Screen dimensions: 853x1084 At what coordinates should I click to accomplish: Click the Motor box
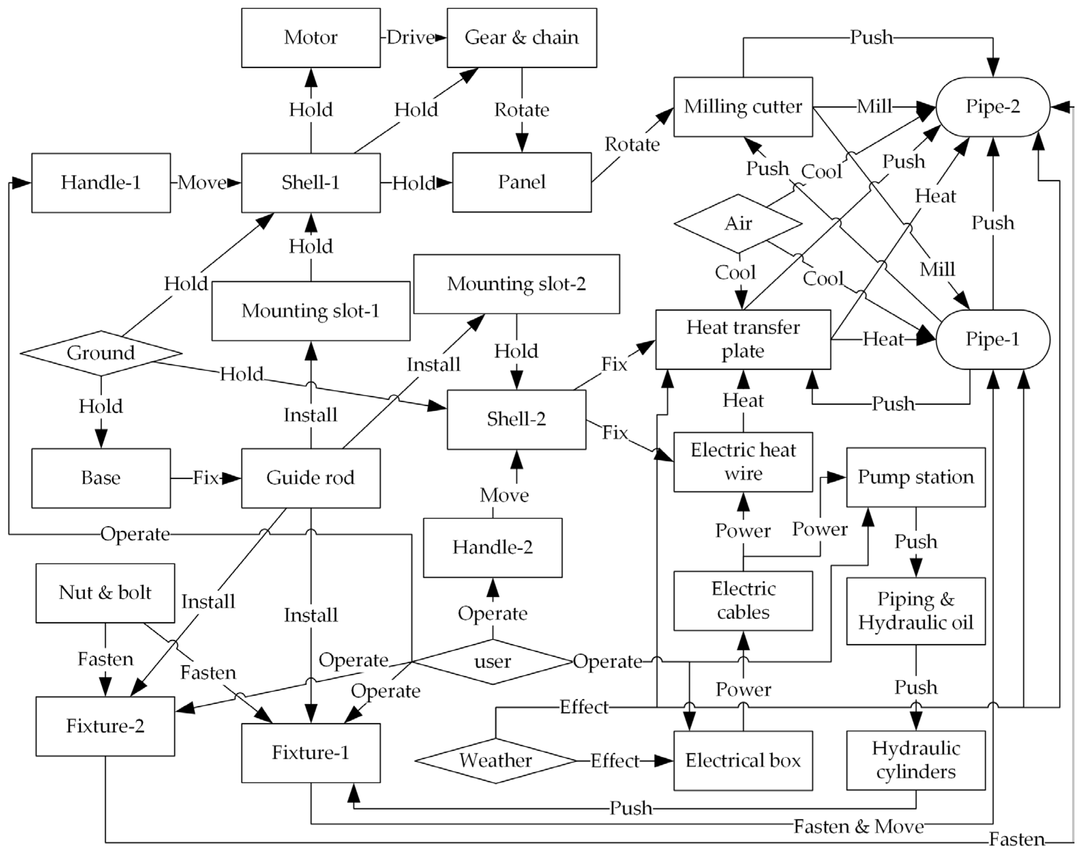[311, 38]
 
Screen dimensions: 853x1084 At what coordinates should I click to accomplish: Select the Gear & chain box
[521, 38]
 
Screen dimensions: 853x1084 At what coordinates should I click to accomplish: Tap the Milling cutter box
[743, 106]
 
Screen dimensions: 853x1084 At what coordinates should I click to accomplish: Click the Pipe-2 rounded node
[993, 106]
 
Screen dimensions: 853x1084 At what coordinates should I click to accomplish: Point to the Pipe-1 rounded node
[993, 339]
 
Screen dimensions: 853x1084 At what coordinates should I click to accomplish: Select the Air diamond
[738, 223]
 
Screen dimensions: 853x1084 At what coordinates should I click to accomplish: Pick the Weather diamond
[495, 761]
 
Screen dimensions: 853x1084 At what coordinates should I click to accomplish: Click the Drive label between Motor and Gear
[411, 38]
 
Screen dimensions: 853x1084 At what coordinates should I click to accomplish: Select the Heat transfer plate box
[743, 339]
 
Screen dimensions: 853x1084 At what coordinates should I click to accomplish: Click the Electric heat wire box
[743, 462]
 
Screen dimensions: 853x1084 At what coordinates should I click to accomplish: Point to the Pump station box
[916, 477]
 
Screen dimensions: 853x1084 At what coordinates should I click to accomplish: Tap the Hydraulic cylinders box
[916, 760]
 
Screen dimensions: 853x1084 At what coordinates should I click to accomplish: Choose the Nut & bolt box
[105, 593]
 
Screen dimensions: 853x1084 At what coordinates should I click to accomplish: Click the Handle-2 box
[492, 547]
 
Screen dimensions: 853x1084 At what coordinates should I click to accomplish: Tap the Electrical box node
[743, 761]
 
